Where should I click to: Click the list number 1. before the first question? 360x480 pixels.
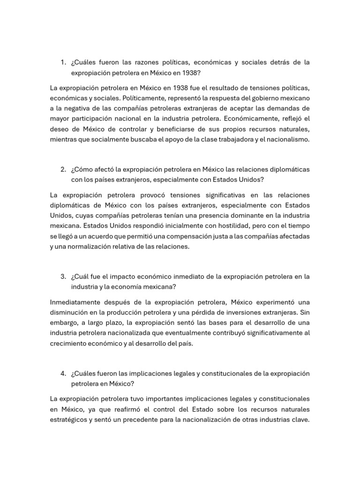63,62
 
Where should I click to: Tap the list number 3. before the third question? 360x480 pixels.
63,277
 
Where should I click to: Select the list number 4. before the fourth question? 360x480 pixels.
63,373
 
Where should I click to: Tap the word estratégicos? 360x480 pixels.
68,420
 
